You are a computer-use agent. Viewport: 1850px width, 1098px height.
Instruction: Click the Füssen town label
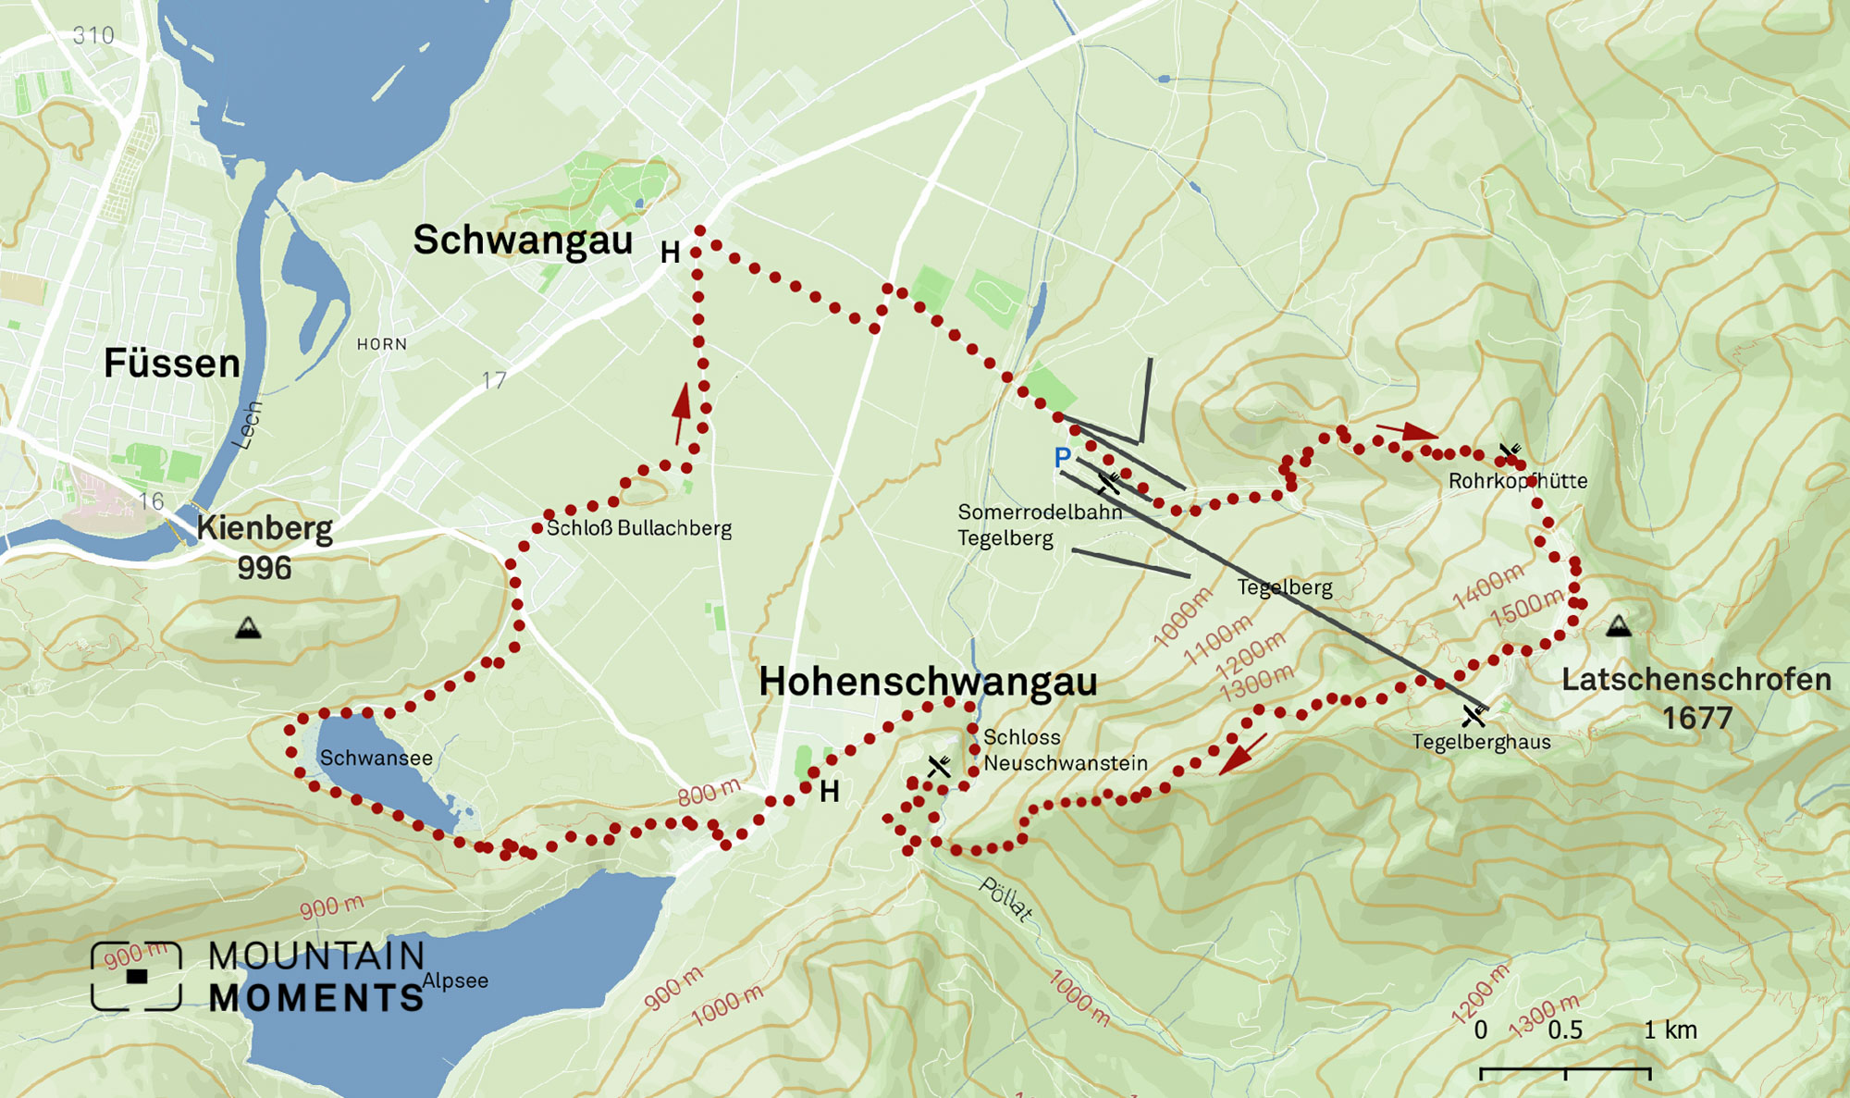pyautogui.click(x=172, y=364)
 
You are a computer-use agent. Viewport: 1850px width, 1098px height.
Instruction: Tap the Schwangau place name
pyautogui.click(x=523, y=241)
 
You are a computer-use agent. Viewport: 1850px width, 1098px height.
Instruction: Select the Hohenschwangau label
pyautogui.click(x=928, y=683)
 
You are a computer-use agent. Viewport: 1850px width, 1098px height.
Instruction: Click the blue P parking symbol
pyautogui.click(x=1062, y=457)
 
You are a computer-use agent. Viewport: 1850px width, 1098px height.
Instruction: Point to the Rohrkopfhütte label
pyautogui.click(x=1517, y=481)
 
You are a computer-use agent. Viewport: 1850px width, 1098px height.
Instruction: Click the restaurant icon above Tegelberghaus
pyautogui.click(x=1474, y=715)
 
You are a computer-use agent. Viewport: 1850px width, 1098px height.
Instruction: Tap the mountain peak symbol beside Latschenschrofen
pyautogui.click(x=1618, y=626)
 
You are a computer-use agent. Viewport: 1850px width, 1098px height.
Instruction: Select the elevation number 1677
pyautogui.click(x=1696, y=719)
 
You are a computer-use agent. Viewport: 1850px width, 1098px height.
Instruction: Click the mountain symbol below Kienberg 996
pyautogui.click(x=248, y=629)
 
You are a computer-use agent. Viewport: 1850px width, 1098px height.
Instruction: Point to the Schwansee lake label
pyautogui.click(x=376, y=759)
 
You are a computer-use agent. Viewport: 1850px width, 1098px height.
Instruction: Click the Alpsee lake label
pyautogui.click(x=455, y=981)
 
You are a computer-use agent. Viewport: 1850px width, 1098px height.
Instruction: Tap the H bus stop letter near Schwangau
pyautogui.click(x=670, y=253)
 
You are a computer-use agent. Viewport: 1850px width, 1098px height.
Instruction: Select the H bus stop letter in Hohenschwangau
pyautogui.click(x=829, y=792)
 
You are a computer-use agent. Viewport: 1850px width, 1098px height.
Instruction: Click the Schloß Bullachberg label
pyautogui.click(x=638, y=529)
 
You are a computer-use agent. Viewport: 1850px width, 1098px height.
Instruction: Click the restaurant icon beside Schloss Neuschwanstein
pyautogui.click(x=939, y=766)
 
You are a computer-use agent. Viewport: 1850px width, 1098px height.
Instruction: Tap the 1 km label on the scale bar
pyautogui.click(x=1670, y=1030)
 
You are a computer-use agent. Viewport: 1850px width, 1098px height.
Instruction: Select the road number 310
pyautogui.click(x=93, y=36)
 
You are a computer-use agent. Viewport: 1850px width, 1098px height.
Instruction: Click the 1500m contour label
pyautogui.click(x=1526, y=607)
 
